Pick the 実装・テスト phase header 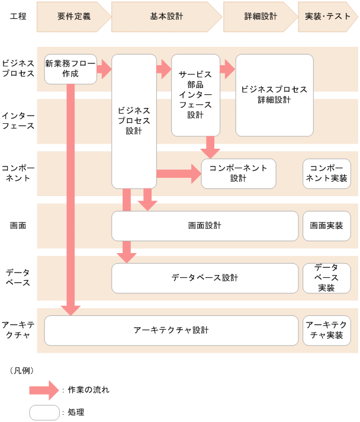pyautogui.click(x=328, y=17)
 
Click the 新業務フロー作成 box pyautogui.click(x=70, y=69)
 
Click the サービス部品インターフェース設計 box pyautogui.click(x=195, y=95)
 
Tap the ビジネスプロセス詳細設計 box pyautogui.click(x=274, y=95)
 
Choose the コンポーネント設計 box pyautogui.click(x=239, y=173)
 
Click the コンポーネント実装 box pyautogui.click(x=326, y=173)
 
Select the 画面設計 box pyautogui.click(x=205, y=226)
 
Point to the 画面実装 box pyautogui.click(x=326, y=226)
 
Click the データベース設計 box pyautogui.click(x=205, y=278)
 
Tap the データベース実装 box pyautogui.click(x=326, y=278)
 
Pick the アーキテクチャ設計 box pyautogui.click(x=171, y=330)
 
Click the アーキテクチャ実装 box pyautogui.click(x=326, y=330)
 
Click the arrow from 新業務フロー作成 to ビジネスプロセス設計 pyautogui.click(x=104, y=69)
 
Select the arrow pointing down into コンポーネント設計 pyautogui.click(x=210, y=147)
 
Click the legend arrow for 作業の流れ pyautogui.click(x=45, y=390)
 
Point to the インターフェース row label pyautogui.click(x=18, y=120)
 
